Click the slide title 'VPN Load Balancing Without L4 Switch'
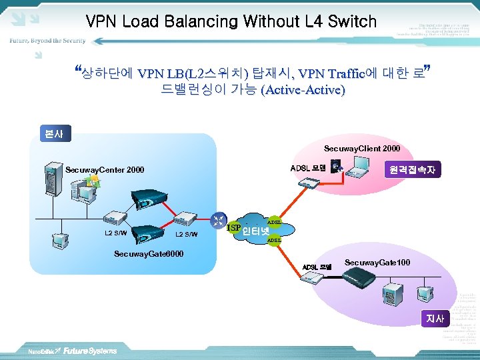pos(231,21)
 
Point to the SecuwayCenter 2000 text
pos(105,170)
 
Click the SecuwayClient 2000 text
pos(362,147)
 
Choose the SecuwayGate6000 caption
pos(149,254)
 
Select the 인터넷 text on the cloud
pos(255,232)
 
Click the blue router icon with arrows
pos(218,219)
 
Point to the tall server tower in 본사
pos(51,181)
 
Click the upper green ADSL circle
pos(274,222)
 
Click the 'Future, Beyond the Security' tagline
pos(47,41)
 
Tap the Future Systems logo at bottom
pos(90,351)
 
